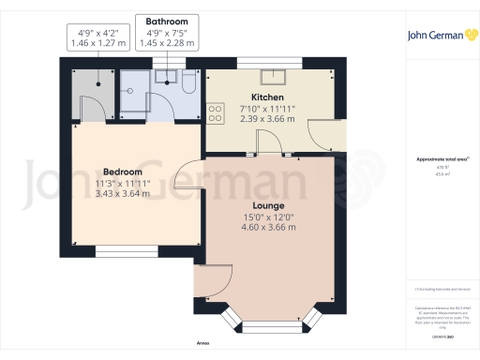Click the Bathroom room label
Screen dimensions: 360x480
point(167,22)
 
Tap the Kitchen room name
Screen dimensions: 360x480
point(267,97)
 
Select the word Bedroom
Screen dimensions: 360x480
point(123,172)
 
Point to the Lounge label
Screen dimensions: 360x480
point(268,204)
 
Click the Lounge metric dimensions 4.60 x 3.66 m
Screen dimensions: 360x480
point(268,227)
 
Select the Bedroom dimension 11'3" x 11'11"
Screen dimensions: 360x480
point(123,184)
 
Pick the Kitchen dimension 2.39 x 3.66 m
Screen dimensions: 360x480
point(267,119)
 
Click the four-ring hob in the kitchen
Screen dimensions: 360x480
point(216,112)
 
